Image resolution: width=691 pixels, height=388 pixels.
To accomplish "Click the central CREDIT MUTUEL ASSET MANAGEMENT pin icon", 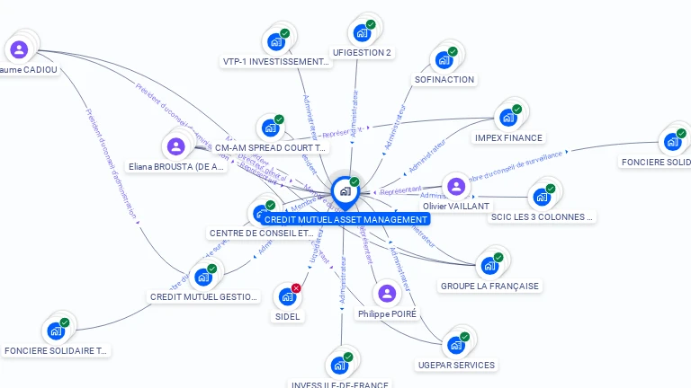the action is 344,190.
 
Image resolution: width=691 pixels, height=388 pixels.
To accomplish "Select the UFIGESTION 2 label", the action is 362,52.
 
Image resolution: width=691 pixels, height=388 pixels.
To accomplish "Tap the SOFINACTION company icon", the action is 444,60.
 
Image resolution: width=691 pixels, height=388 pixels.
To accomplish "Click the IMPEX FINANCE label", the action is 508,137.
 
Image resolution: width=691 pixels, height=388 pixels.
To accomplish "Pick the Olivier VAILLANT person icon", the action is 456,187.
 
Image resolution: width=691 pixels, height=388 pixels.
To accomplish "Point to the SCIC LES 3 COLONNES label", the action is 543,216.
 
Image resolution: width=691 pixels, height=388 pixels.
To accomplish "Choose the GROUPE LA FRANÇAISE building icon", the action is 489,266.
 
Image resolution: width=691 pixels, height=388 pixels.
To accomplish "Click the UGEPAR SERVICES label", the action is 456,365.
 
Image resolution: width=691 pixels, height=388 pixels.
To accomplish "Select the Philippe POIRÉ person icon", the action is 387,294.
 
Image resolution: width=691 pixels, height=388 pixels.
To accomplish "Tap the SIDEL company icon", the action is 287,296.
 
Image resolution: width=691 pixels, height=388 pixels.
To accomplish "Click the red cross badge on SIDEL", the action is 296,287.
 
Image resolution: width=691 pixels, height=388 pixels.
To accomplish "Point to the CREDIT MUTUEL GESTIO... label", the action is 204,296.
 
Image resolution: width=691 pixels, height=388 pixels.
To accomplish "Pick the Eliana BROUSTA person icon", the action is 176,146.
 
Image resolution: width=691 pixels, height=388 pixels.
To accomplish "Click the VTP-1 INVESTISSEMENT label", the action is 276,62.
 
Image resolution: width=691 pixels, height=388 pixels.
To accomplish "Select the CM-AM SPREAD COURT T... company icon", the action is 270,128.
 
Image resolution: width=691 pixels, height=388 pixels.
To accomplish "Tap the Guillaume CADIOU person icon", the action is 20,49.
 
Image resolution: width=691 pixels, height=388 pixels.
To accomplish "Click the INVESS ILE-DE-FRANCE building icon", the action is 339,366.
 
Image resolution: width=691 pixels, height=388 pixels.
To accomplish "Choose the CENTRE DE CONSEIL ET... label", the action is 261,234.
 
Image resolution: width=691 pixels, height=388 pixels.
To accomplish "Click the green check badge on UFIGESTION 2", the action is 371,24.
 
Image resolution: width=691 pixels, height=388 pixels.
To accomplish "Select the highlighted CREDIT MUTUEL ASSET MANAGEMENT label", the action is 345,219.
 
